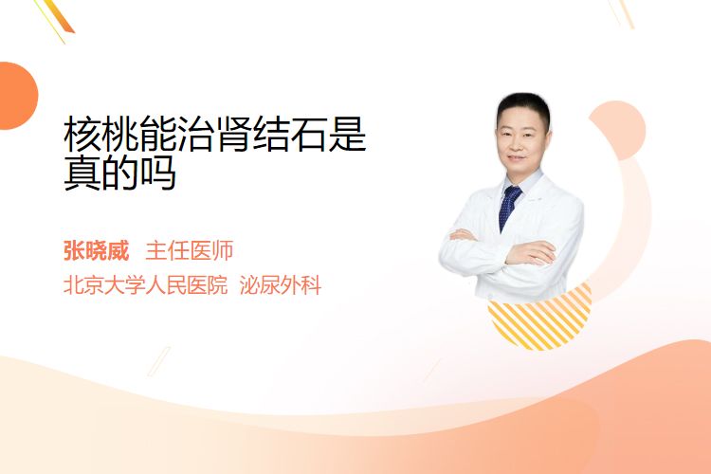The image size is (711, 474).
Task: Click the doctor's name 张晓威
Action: [96, 251]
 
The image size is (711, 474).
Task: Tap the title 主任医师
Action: [190, 251]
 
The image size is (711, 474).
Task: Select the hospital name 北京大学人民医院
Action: [145, 285]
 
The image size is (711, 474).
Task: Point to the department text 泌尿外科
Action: [281, 285]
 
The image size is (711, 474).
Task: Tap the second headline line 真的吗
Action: [119, 173]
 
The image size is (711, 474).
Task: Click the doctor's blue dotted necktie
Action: [509, 208]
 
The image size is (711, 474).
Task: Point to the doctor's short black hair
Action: [523, 106]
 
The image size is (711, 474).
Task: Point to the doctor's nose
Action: [520, 145]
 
